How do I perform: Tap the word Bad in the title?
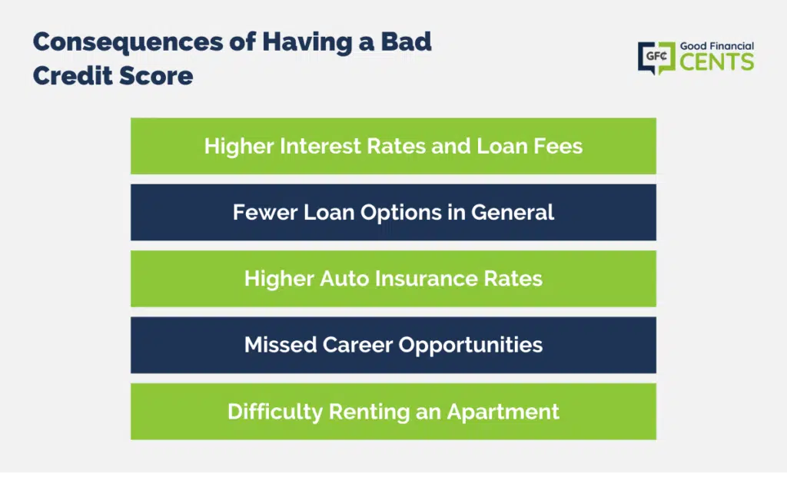click(x=406, y=41)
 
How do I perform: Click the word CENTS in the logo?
click(x=717, y=62)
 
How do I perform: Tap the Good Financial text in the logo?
click(x=717, y=46)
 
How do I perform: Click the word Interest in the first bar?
click(x=320, y=147)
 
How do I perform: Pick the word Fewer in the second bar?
click(x=265, y=213)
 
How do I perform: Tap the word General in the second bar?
click(x=513, y=213)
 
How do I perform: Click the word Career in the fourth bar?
click(x=357, y=345)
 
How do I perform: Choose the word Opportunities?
click(x=471, y=346)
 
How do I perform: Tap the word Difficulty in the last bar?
click(x=275, y=412)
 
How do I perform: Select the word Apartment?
click(x=503, y=412)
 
